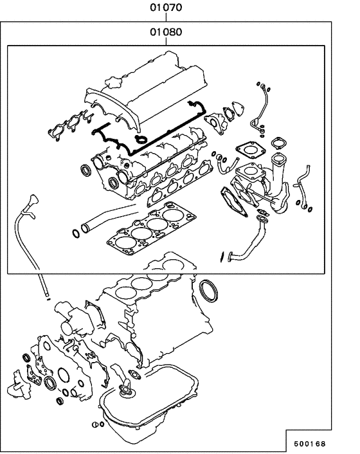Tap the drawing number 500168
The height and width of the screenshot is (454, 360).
coord(310,443)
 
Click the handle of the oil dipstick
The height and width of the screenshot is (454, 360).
coord(30,198)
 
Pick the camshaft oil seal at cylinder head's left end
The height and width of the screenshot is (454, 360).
coord(84,170)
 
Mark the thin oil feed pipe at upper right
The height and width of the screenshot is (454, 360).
coord(263,106)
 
